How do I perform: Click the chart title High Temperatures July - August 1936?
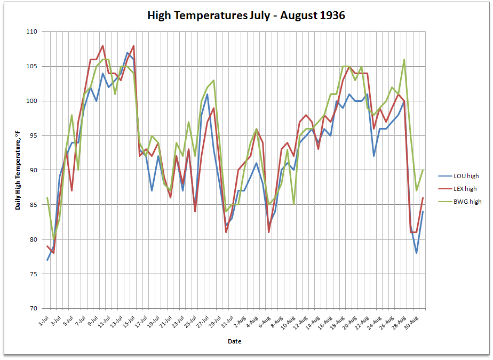[x=246, y=15]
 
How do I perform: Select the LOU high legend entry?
[x=465, y=175]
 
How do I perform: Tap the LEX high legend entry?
[x=465, y=188]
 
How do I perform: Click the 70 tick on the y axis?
[x=33, y=309]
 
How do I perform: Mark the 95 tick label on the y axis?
[x=33, y=135]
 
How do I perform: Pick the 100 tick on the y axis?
[x=31, y=101]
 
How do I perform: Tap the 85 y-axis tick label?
[x=33, y=205]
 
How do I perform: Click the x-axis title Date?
[x=234, y=341]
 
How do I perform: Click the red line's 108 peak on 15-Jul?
[x=133, y=46]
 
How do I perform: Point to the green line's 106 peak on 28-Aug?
[x=404, y=60]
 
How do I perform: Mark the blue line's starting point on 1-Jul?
[x=47, y=260]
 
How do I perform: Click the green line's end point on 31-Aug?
[x=423, y=170]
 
